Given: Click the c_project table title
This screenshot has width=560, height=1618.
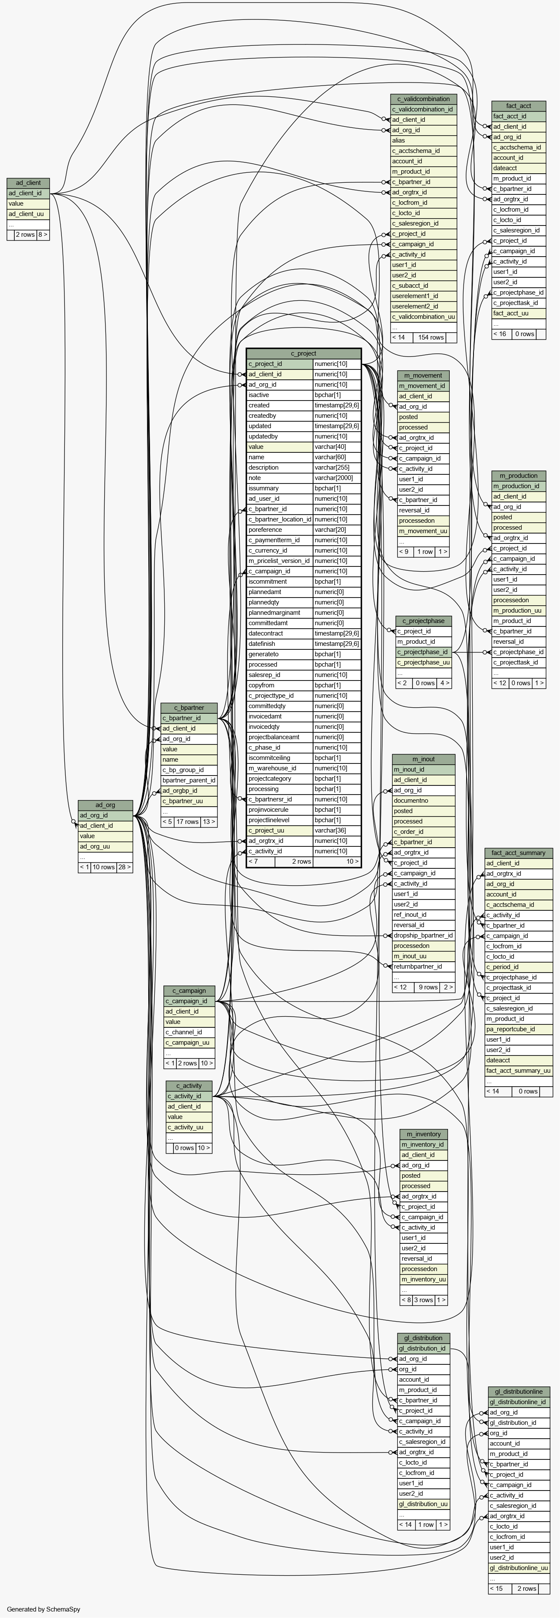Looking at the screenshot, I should (304, 353).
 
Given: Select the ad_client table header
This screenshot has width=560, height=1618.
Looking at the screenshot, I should (28, 183).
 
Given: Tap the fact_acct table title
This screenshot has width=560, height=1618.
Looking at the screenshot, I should (518, 105).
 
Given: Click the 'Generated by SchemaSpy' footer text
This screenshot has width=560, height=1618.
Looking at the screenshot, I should (43, 1609).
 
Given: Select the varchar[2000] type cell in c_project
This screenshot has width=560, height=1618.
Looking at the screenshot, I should (336, 478).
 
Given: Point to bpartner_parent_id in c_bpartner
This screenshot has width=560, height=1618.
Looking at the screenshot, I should (189, 780).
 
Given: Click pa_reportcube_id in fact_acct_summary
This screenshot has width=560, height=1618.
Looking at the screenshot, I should (510, 1029).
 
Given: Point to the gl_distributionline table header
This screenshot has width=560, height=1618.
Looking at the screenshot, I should (518, 1391).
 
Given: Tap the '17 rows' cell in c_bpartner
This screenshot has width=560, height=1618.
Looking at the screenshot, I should (187, 822).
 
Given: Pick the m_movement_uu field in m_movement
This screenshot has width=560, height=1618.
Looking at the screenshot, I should (423, 531).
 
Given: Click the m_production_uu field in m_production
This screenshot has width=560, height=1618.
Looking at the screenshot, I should (517, 610).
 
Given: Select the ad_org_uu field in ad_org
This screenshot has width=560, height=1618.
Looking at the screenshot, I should (95, 846).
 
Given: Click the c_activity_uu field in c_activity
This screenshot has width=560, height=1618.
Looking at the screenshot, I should (186, 1127).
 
